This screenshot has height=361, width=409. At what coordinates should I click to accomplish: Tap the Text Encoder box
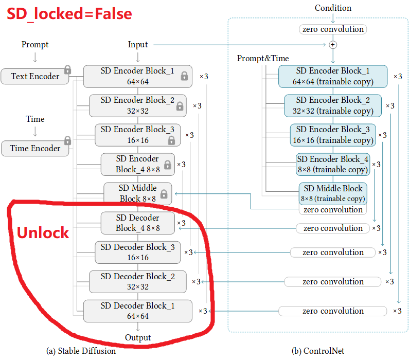[x=35, y=76]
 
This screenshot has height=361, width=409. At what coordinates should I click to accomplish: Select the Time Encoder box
[x=35, y=148]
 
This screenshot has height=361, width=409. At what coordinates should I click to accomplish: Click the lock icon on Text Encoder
[x=67, y=70]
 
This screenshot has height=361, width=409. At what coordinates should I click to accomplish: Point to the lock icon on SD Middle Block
[x=164, y=194]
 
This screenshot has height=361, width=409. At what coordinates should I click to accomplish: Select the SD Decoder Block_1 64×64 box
[x=137, y=311]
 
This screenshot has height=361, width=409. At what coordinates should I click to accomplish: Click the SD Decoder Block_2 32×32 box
[x=137, y=281]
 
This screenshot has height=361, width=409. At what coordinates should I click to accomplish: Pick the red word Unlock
[x=43, y=232]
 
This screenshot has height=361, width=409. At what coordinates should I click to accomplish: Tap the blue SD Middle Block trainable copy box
[x=333, y=193]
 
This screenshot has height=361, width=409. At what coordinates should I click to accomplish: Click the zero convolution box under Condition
[x=333, y=29]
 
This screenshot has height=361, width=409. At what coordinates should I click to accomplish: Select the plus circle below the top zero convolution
[x=333, y=45]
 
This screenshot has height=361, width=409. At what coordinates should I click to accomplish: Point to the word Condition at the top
[x=333, y=8]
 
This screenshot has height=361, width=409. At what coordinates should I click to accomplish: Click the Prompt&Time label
[x=262, y=58]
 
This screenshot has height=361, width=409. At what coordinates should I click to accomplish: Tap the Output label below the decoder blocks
[x=138, y=337]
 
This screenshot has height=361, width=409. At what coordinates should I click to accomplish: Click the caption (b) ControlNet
[x=318, y=351]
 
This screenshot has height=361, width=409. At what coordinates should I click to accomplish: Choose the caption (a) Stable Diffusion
[x=81, y=351]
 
